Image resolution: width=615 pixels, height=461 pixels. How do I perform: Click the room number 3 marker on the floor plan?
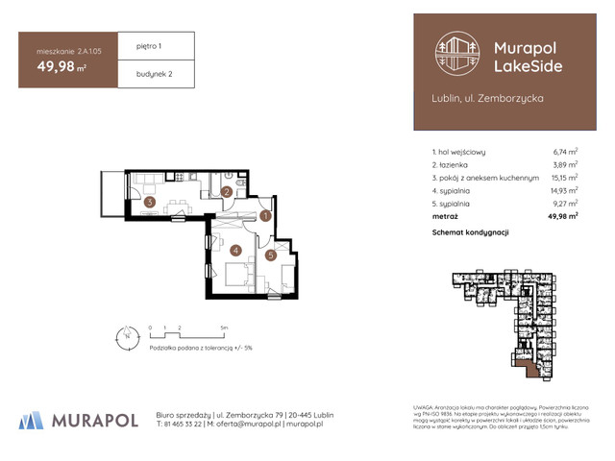pos(149,202)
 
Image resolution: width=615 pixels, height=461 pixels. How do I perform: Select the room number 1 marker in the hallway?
pos(265,217)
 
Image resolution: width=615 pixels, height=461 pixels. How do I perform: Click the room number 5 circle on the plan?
pos(271,255)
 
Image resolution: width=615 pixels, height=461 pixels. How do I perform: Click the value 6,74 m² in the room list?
pos(565,151)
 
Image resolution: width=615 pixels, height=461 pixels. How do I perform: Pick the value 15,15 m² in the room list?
pos(564,178)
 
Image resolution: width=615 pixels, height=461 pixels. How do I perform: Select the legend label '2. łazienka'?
pos(455,164)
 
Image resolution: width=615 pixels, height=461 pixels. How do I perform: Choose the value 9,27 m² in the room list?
pos(565,204)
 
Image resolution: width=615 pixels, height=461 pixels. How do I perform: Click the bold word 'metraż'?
pos(446,217)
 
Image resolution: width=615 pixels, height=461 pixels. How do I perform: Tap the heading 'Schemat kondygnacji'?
pos(470,233)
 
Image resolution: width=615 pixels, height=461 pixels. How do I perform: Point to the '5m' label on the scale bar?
pos(224,328)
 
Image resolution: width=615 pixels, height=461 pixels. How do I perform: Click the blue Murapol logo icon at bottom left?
pos(32,419)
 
